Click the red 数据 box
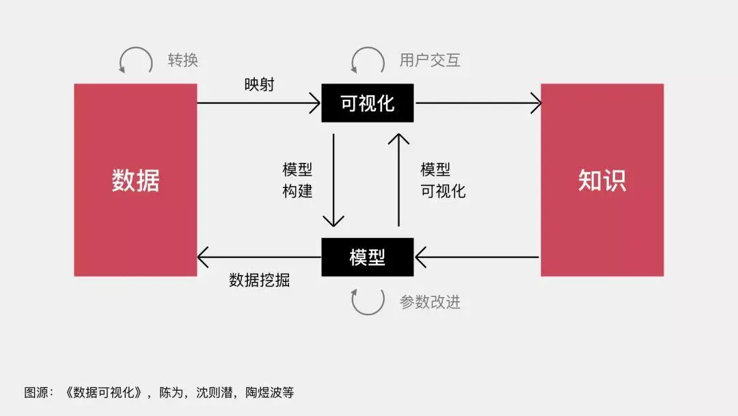135,180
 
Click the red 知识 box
602,180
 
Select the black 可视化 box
368,103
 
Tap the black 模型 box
368,257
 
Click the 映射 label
260,85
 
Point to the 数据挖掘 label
259,280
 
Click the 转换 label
183,60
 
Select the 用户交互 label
430,60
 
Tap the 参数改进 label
430,302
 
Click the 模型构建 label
297,180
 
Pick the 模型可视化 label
443,180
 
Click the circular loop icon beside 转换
136,61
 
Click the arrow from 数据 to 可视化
259,103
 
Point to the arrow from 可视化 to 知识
478,103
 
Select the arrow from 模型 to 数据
259,257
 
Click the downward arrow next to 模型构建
333,180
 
